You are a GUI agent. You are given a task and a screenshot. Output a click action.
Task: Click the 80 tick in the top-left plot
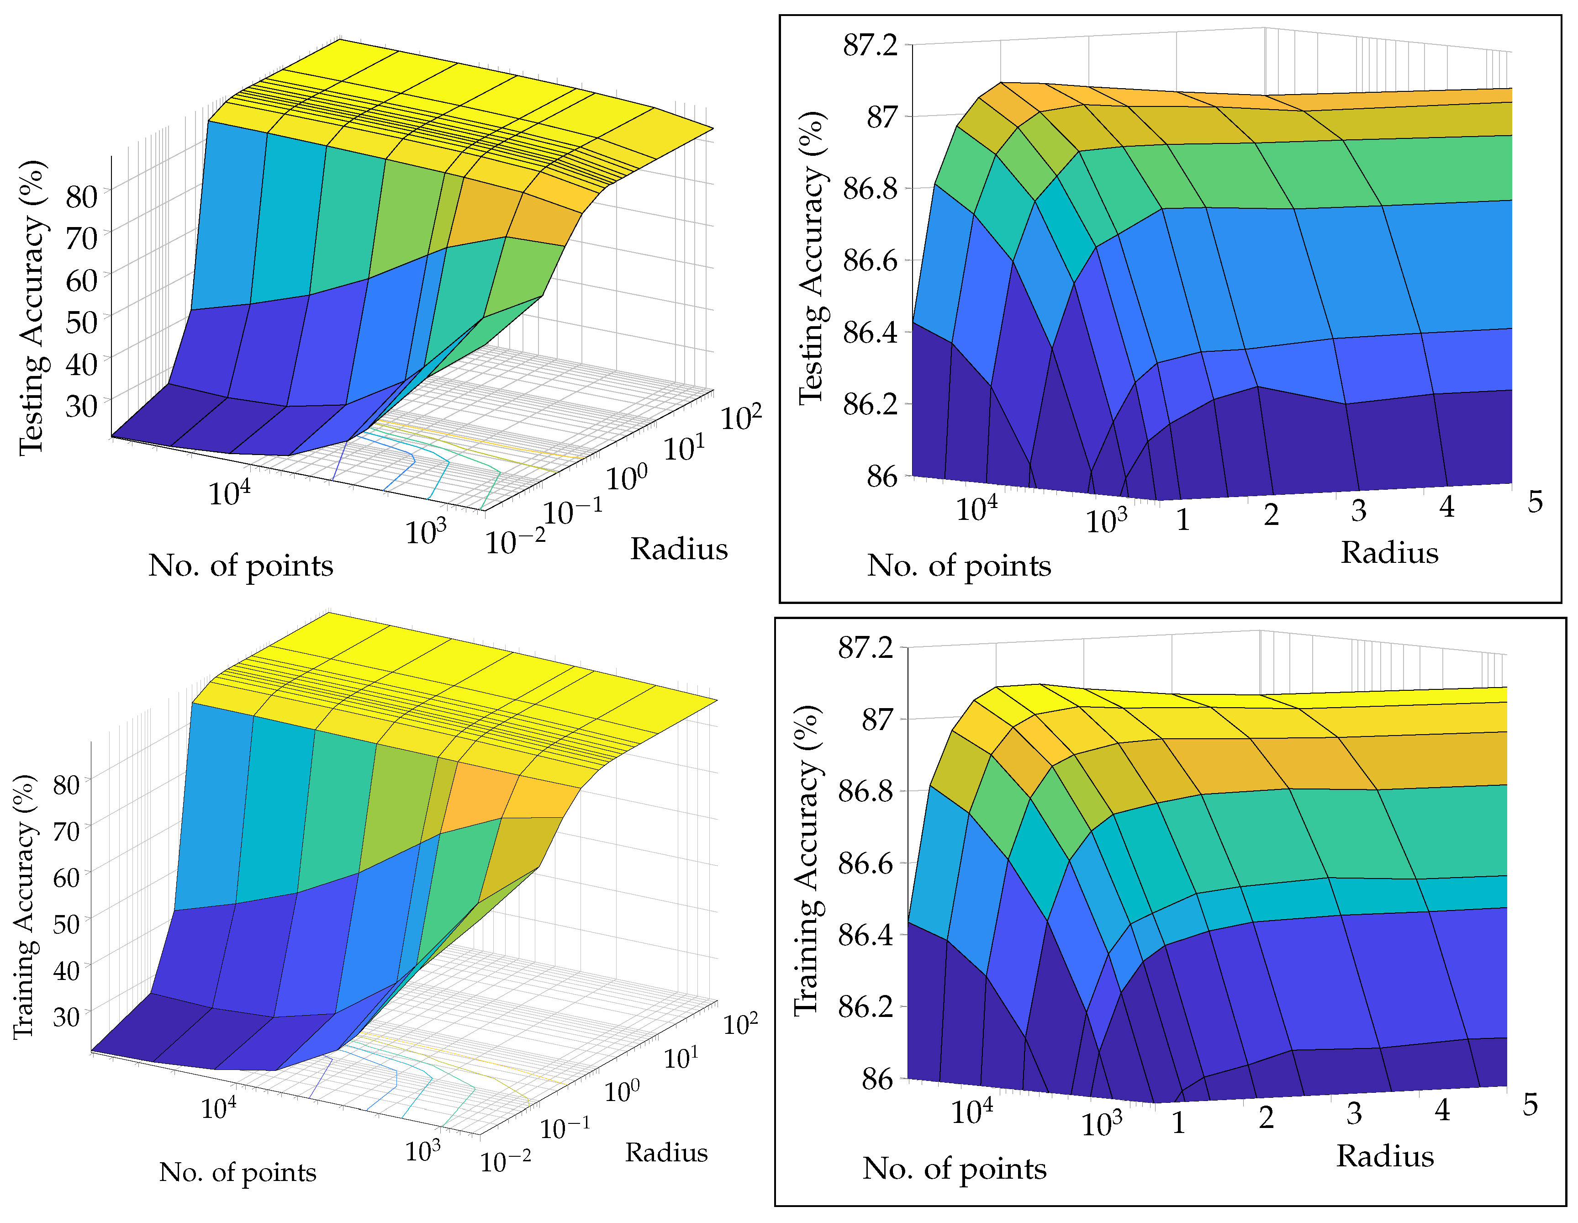point(81,196)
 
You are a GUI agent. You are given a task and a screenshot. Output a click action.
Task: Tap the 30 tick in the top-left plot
point(81,406)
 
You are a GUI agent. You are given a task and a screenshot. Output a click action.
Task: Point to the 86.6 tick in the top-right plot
point(870,260)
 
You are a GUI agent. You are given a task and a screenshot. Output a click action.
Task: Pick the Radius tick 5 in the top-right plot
point(1535,502)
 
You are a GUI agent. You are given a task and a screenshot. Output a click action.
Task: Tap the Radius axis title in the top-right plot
point(1389,552)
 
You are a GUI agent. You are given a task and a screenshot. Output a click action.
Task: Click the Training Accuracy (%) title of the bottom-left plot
point(25,907)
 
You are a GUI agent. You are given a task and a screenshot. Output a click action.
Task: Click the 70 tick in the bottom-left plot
point(67,831)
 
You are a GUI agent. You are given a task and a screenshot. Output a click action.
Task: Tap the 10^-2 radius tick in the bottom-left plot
point(505,1162)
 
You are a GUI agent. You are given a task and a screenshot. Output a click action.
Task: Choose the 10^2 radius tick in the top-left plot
point(741,418)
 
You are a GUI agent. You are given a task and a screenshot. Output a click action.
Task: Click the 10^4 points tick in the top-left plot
point(229,494)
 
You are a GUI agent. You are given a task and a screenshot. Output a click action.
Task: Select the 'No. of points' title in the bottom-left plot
point(237,1172)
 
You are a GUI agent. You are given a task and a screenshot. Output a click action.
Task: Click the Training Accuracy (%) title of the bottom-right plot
point(807,860)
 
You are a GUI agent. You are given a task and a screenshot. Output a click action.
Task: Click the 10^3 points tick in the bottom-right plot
point(1101,1124)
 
